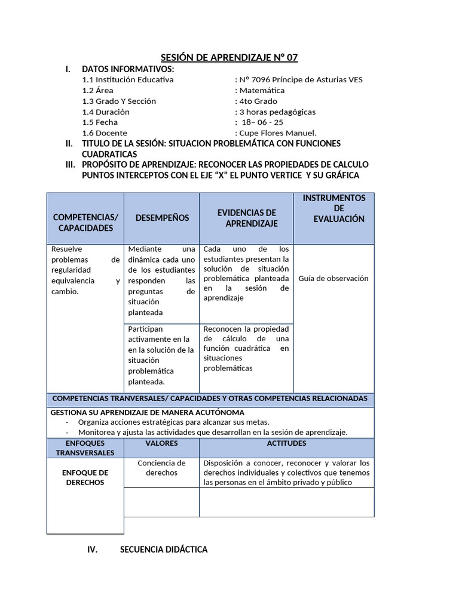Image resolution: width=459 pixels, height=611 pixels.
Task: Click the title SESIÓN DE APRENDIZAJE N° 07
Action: [x=229, y=57]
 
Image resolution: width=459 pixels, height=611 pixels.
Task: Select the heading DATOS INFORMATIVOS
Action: [x=128, y=69]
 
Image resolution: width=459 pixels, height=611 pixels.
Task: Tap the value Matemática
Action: [x=262, y=90]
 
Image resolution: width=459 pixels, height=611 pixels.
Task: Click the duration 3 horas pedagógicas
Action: [x=277, y=112]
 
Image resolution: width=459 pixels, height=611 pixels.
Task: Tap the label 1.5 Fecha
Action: [x=100, y=122]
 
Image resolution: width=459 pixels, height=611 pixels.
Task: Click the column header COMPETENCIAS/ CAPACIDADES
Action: [x=85, y=223]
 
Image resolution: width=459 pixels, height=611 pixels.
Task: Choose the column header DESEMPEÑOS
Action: [x=162, y=218]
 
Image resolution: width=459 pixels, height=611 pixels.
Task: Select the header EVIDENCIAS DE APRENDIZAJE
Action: [x=247, y=218]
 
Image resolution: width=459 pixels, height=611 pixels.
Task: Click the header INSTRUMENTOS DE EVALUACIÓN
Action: [x=334, y=208]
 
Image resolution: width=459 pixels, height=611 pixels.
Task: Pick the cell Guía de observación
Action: [x=333, y=279]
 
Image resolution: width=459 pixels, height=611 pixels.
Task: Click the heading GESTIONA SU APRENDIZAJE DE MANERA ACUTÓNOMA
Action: [x=148, y=412]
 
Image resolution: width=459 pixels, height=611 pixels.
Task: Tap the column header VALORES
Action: [x=161, y=443]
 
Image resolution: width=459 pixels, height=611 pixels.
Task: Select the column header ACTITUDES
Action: [x=287, y=443]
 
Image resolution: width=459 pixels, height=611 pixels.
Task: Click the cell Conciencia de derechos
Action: [x=161, y=468]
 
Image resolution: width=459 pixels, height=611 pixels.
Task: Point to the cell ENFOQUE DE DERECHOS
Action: [x=85, y=477]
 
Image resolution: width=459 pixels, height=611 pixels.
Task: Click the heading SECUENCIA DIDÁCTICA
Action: [x=164, y=550]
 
